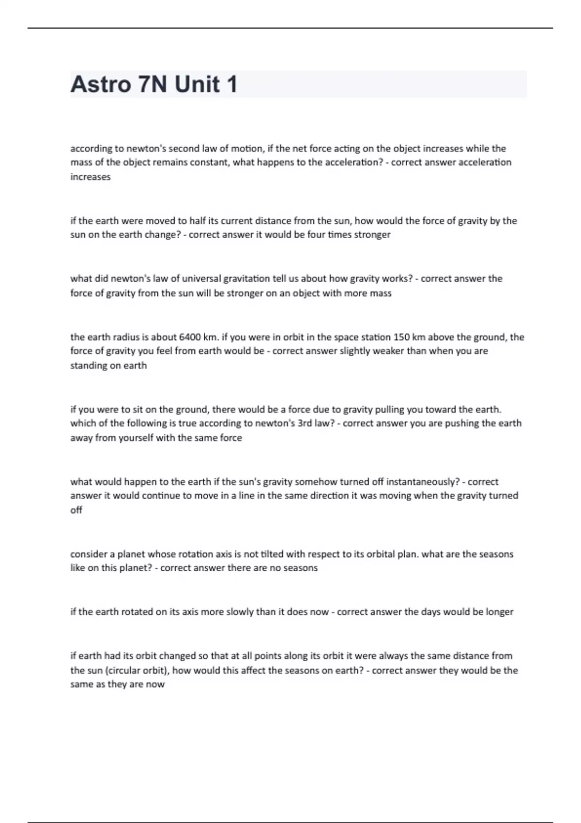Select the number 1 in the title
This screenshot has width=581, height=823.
click(231, 85)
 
